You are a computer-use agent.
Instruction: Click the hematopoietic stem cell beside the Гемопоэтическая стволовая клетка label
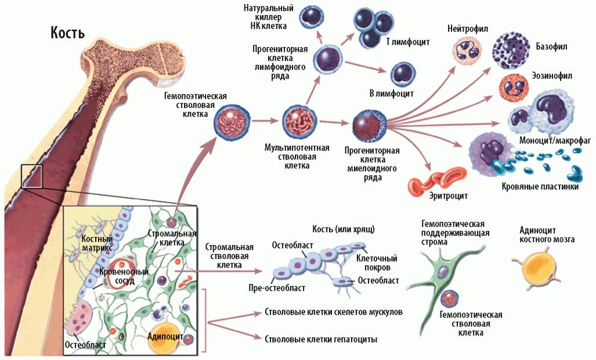[231, 121]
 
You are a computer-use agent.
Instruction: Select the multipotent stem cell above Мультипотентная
[299, 121]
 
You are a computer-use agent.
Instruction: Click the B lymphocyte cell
[402, 73]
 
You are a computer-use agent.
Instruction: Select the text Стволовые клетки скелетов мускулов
[333, 312]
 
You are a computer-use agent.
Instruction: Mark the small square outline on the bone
[31, 176]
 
